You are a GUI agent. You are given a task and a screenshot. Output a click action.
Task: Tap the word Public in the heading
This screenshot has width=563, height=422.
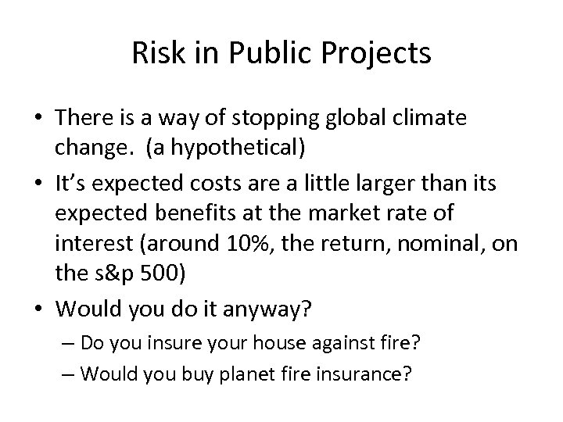(255, 54)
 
